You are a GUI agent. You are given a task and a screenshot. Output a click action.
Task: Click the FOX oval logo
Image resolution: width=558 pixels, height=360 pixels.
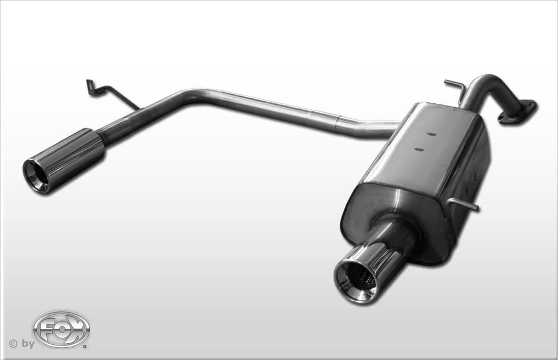[61, 329]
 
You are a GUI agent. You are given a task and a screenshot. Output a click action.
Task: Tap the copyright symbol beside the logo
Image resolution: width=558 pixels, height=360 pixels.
[13, 344]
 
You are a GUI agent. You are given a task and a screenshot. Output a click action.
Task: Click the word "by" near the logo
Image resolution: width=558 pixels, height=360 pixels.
[28, 344]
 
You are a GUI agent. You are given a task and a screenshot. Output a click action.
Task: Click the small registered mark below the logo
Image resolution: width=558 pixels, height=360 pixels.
[84, 345]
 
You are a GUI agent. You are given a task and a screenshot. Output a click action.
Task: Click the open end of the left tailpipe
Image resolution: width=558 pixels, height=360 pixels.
[36, 176]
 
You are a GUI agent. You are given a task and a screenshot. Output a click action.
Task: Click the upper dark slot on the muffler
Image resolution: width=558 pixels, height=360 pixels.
[431, 135]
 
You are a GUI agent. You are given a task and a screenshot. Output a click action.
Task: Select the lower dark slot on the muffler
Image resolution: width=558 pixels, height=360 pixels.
[419, 150]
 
